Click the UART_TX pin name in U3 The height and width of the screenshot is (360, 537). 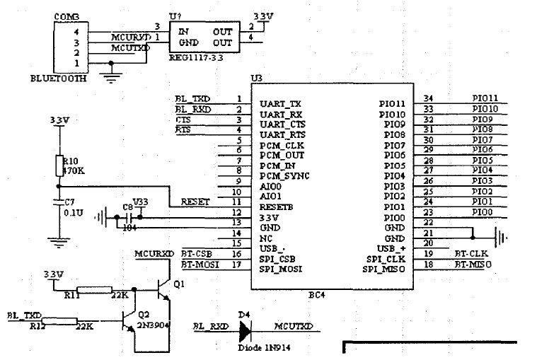(x=280, y=104)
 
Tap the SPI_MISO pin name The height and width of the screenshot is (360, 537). (x=383, y=269)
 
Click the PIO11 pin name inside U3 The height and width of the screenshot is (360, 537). (x=392, y=104)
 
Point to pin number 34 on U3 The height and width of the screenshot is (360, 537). (x=428, y=98)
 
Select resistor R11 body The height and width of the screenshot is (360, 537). (x=94, y=289)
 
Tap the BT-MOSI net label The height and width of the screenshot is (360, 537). (x=200, y=264)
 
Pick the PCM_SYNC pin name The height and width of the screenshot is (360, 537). (x=284, y=175)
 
